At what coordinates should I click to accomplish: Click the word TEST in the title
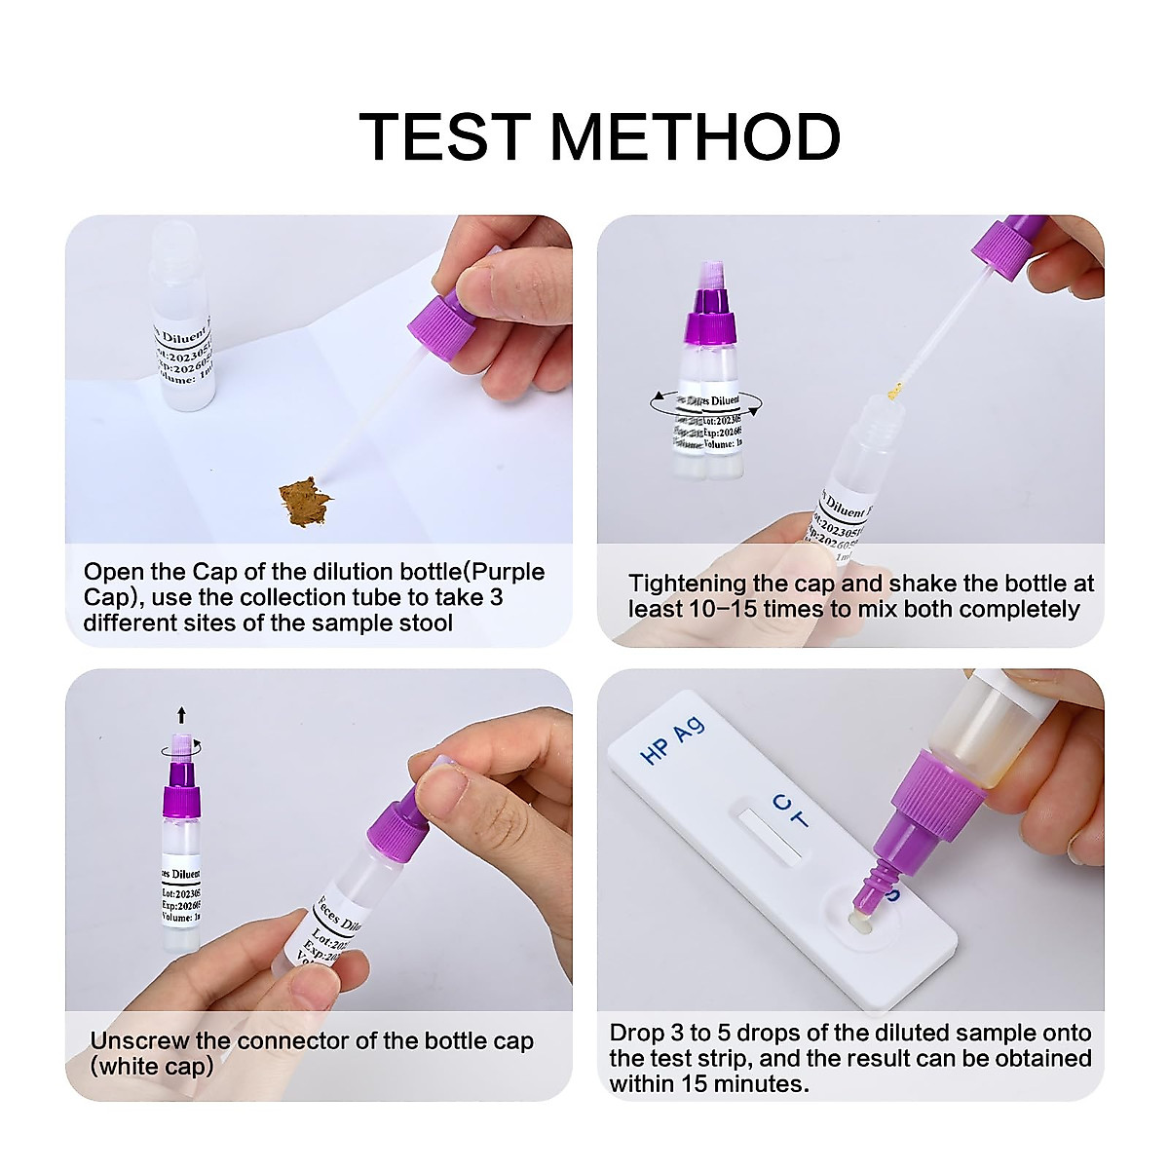444,136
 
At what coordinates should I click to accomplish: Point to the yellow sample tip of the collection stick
894,392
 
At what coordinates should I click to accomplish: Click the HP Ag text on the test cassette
672,740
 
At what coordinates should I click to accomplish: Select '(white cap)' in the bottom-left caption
152,1067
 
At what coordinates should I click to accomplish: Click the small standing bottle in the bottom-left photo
181,857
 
